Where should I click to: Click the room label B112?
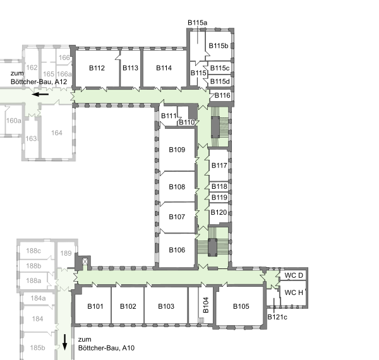pos(97,68)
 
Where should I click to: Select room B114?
pos(164,68)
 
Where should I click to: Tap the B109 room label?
pos(177,150)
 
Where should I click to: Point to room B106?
pos(177,250)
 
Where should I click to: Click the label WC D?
pos(294,275)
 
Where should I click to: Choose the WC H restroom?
pos(293,293)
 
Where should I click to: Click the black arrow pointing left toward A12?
pos(40,94)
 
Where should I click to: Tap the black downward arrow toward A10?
pos(64,342)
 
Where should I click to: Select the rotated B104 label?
pos(206,305)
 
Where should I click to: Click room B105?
pos(241,306)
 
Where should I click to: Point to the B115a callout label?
pos(198,23)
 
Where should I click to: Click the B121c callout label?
pos(277,317)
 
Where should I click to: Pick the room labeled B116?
pos(222,95)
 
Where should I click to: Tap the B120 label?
pos(219,212)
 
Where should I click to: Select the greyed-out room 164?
pos(57,133)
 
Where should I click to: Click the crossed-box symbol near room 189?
pos(85,261)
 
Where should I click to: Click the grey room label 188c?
pos(33,251)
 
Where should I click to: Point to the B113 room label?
pos(130,68)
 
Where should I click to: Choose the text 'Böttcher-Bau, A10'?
pos(106,348)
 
